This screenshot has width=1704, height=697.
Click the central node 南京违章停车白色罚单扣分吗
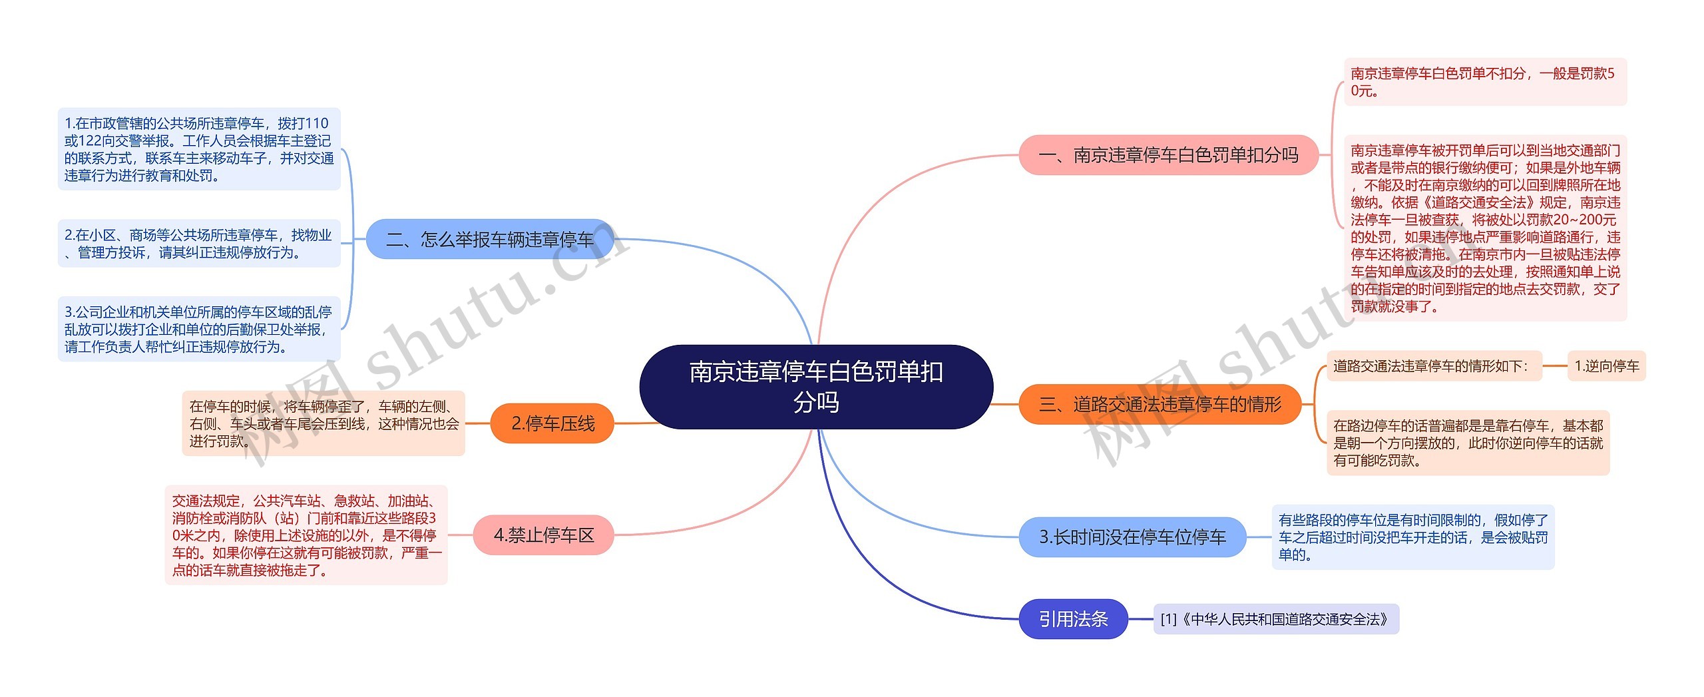click(816, 387)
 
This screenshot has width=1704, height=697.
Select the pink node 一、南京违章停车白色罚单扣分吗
click(1168, 155)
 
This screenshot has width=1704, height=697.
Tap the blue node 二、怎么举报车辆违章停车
click(490, 240)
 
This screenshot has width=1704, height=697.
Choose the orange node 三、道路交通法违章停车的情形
click(1160, 404)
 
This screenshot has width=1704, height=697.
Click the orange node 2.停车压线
click(552, 423)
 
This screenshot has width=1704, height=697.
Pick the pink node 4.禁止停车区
click(543, 535)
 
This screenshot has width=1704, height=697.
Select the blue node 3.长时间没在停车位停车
click(1132, 537)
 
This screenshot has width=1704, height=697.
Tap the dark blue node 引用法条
click(1073, 619)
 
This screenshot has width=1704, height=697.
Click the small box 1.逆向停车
click(1606, 366)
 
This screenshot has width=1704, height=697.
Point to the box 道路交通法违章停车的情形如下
click(1434, 366)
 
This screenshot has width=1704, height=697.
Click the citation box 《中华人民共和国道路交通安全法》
click(1276, 619)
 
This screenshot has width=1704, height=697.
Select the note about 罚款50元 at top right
click(1485, 82)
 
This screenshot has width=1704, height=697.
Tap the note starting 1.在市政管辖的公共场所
click(199, 149)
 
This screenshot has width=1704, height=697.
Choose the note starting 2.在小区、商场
click(199, 244)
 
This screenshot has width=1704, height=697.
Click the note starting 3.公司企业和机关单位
click(199, 329)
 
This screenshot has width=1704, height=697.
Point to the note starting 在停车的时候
click(323, 423)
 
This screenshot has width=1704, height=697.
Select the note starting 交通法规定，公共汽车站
click(306, 535)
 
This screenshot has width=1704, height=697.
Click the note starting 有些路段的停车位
click(1413, 537)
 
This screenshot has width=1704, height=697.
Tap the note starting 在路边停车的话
click(1468, 443)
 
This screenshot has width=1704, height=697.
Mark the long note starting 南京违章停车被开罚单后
click(1485, 228)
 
